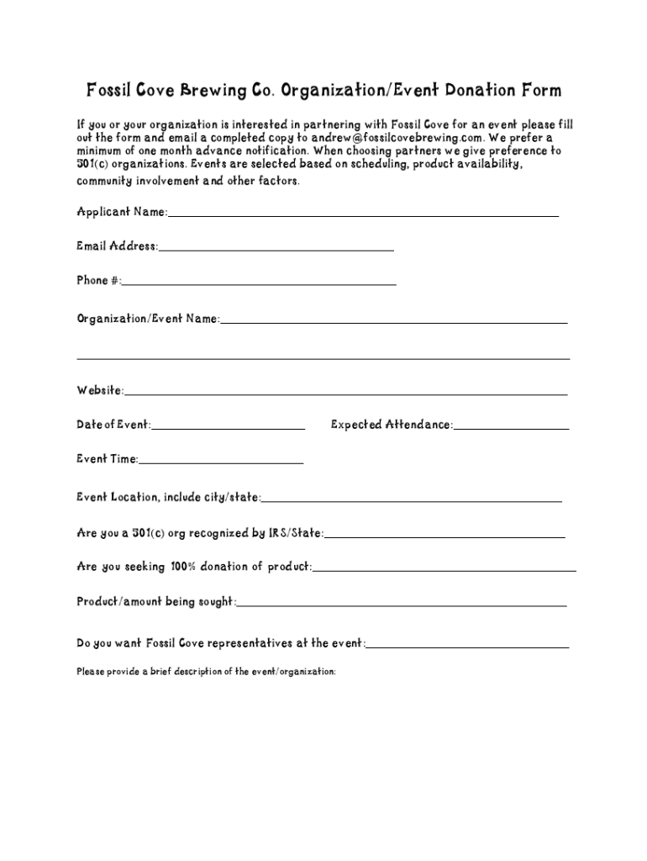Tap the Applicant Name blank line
363,215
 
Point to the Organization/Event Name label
148,319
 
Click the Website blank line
345,394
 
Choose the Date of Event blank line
228,428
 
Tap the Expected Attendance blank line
511,428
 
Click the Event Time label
107,459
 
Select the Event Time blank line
221,462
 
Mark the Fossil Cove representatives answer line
467,647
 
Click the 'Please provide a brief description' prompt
206,672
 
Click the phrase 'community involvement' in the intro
137,181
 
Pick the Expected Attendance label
391,425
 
